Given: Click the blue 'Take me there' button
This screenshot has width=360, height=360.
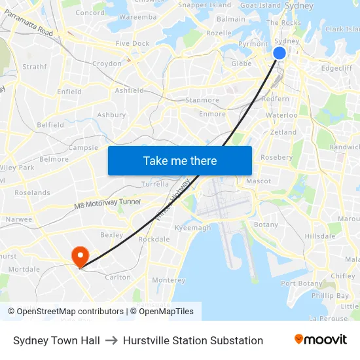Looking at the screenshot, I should [x=180, y=160].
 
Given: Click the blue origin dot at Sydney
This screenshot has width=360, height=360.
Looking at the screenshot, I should [x=279, y=53].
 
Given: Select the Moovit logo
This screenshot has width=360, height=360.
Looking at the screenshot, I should [x=320, y=339].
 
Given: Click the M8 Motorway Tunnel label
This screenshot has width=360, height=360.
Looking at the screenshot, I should [x=107, y=203].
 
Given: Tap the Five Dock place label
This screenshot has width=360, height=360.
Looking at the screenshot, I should [x=132, y=44].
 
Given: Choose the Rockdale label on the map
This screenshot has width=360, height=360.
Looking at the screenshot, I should [x=154, y=240].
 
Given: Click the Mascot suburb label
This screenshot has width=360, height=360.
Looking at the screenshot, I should [x=258, y=181].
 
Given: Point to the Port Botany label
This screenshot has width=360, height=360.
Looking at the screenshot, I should [x=301, y=283].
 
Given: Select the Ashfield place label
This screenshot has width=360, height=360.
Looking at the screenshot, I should [x=129, y=90].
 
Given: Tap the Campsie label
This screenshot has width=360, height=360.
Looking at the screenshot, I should [x=83, y=148].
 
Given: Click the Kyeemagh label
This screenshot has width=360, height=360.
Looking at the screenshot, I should [x=193, y=228].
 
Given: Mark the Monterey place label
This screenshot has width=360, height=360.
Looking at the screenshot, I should [x=169, y=280].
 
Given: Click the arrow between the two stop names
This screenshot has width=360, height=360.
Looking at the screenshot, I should [x=111, y=340].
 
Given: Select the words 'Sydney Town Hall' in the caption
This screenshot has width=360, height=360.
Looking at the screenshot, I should [x=56, y=340].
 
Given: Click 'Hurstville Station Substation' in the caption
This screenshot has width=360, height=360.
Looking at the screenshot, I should [x=193, y=340].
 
